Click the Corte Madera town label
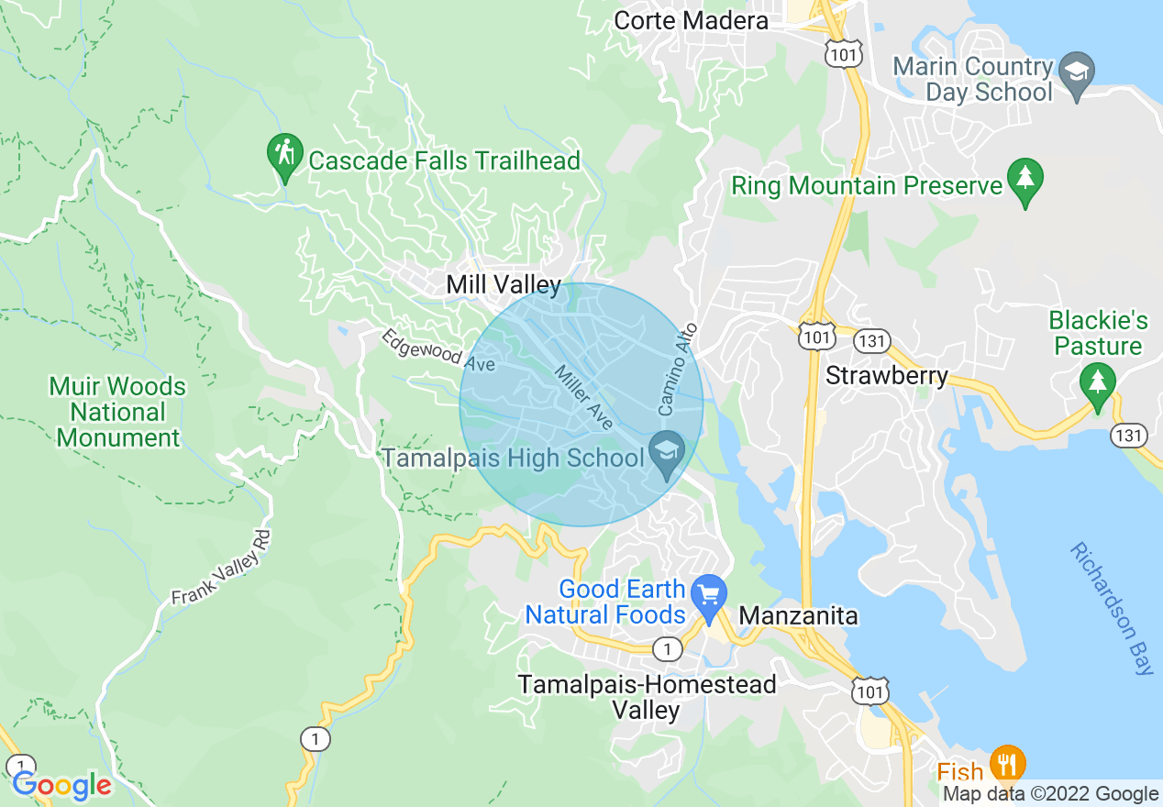(691, 20)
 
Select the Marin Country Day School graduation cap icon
(1077, 71)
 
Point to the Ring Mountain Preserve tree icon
(1025, 180)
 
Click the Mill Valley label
(503, 285)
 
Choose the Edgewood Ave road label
(438, 351)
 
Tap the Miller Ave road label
(583, 398)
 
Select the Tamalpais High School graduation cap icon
(667, 452)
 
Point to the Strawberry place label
(887, 376)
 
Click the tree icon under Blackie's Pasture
(1097, 381)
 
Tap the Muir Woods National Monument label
(117, 413)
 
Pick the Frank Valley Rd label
(223, 568)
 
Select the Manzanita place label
(798, 615)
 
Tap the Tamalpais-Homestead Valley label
(647, 697)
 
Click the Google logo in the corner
(61, 785)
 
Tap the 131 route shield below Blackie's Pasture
(1128, 435)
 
